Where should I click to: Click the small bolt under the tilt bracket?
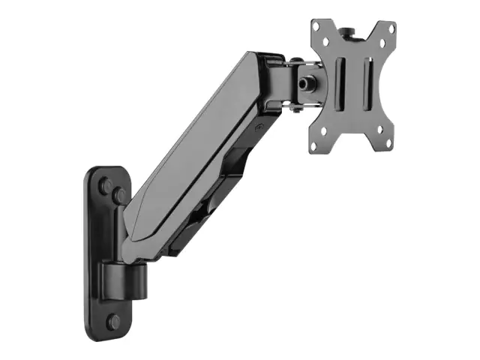tap(298, 109)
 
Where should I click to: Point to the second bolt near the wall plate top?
tap(119, 196)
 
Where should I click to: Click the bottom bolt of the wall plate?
tap(113, 322)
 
